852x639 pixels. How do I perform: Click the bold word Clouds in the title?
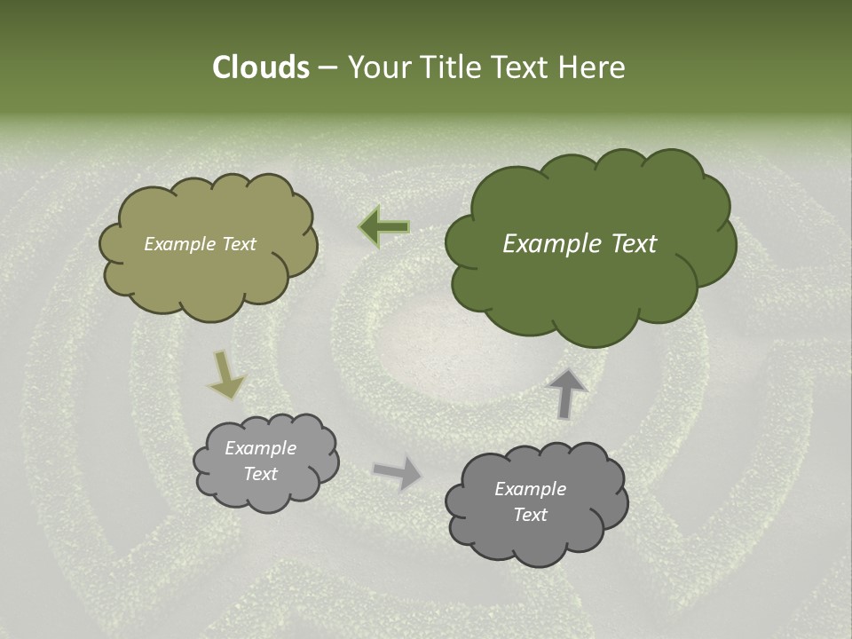pyautogui.click(x=260, y=67)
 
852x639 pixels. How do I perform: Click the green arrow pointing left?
pyautogui.click(x=384, y=227)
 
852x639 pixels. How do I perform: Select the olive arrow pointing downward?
pyautogui.click(x=225, y=375)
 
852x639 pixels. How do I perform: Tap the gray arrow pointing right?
pyautogui.click(x=398, y=472)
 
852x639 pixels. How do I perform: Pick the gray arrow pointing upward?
pyautogui.click(x=566, y=392)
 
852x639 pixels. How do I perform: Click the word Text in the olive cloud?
pyautogui.click(x=237, y=244)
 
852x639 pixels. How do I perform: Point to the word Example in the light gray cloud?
pyautogui.click(x=260, y=448)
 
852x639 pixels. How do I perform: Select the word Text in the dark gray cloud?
pyautogui.click(x=530, y=515)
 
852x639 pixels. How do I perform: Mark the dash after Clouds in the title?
pyautogui.click(x=327, y=67)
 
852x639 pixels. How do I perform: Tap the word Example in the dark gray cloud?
pyautogui.click(x=530, y=489)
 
